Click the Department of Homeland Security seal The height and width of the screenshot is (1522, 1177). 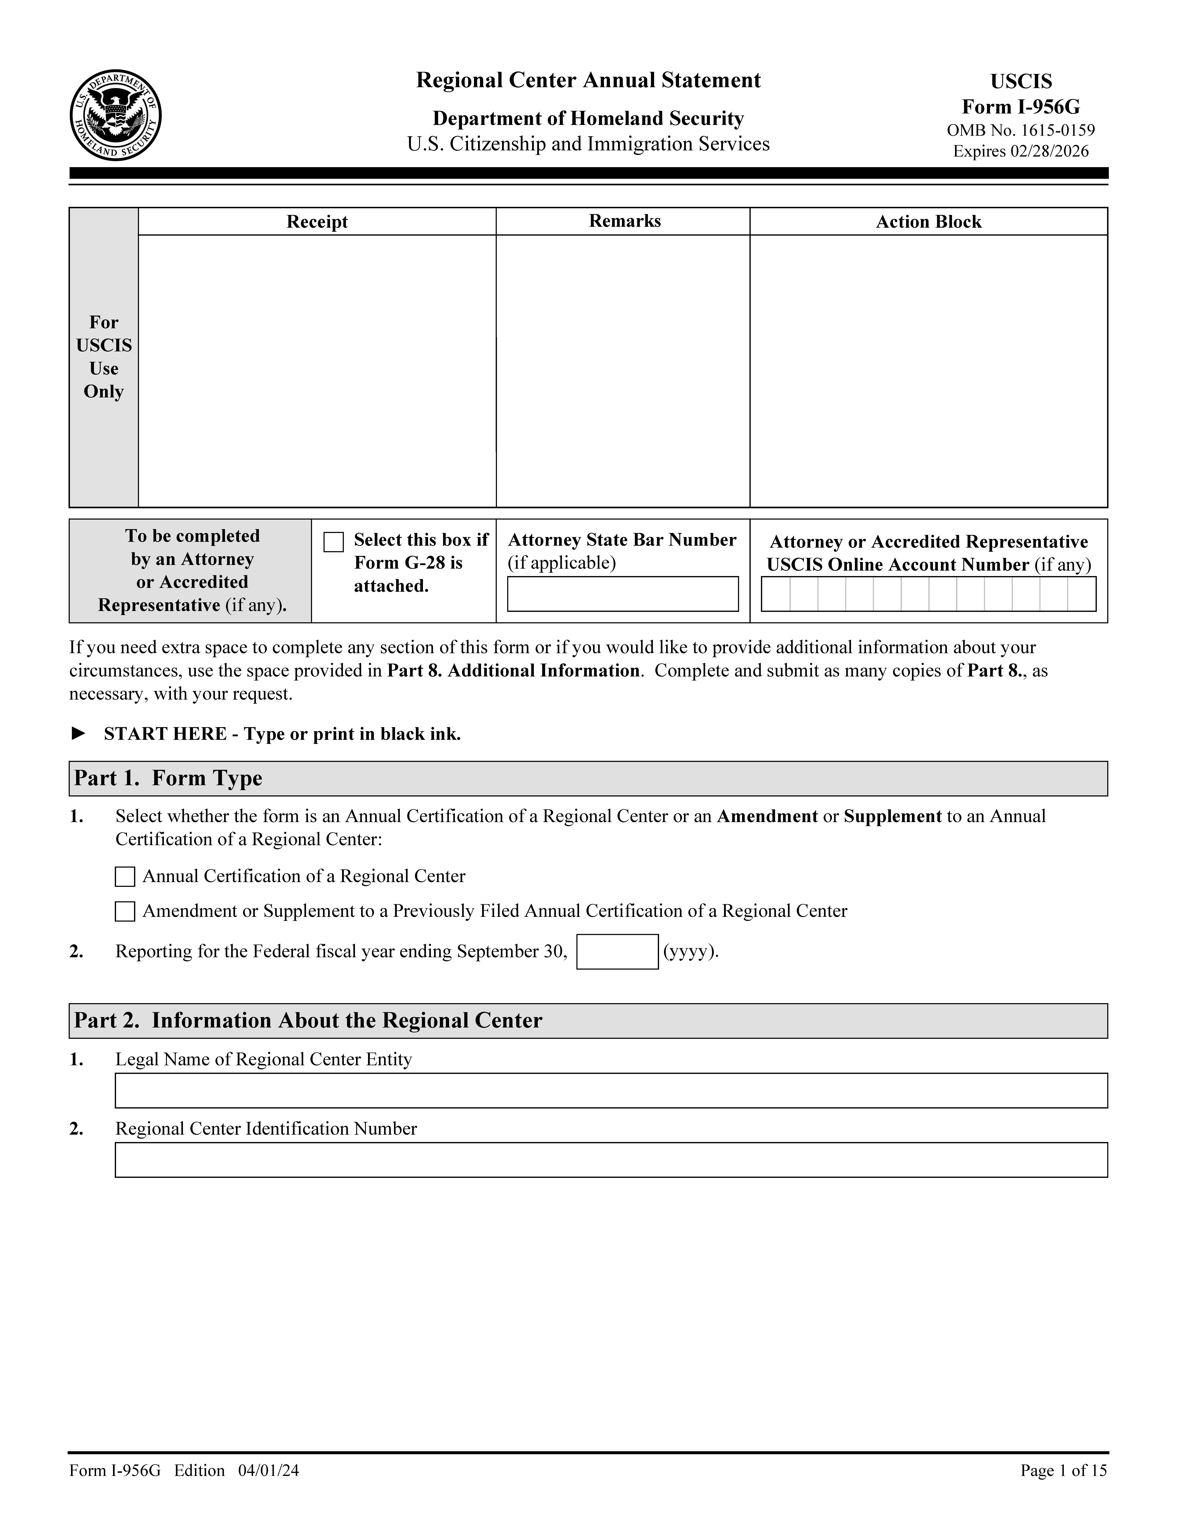pyautogui.click(x=116, y=115)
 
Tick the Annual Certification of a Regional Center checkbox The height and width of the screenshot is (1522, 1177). pyautogui.click(x=125, y=877)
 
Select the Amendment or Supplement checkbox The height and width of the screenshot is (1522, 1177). pyautogui.click(x=125, y=912)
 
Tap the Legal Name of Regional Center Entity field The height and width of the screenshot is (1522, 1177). pyautogui.click(x=611, y=1091)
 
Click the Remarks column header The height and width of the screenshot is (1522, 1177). pyautogui.click(x=624, y=221)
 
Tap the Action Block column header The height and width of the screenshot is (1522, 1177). pyautogui.click(x=928, y=222)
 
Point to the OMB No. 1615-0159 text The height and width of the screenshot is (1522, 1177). pyautogui.click(x=1020, y=130)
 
